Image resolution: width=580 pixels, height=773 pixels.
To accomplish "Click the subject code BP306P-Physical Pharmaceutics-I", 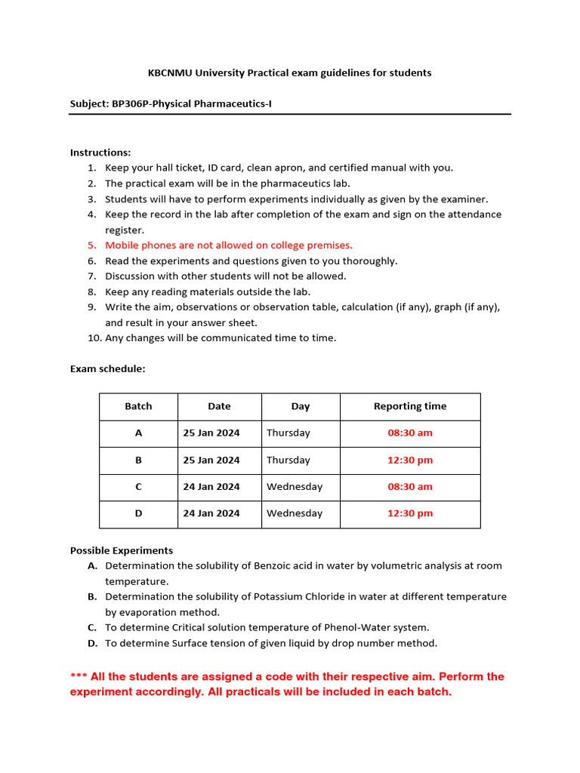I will pos(192,103).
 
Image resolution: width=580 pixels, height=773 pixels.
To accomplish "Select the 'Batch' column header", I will pos(138,406).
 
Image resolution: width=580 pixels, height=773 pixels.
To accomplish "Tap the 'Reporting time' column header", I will pos(410,406).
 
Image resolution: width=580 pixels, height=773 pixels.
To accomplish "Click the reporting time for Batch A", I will pos(410,433).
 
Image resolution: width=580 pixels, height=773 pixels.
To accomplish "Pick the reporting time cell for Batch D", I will pos(410,513).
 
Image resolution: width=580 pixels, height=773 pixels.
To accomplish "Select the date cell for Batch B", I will pos(211,460).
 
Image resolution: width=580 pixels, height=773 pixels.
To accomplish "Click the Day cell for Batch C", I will pos(295,487).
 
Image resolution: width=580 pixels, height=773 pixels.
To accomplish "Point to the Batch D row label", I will pos(138,513).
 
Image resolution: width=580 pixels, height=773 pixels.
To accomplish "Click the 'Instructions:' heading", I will pos(100,152).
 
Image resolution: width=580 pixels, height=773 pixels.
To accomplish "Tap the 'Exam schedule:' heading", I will pos(107,369).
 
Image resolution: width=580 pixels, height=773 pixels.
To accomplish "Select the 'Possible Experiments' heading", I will pos(122,550).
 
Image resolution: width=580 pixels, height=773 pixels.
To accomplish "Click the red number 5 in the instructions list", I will pos(91,245).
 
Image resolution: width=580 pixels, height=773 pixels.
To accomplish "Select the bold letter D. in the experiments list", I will pos(92,643).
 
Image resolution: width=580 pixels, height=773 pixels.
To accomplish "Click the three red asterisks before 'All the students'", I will pos(79,677).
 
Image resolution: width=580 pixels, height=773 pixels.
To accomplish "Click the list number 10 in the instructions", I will pos(94,338).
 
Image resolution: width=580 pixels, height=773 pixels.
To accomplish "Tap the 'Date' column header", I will pos(219,406).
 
